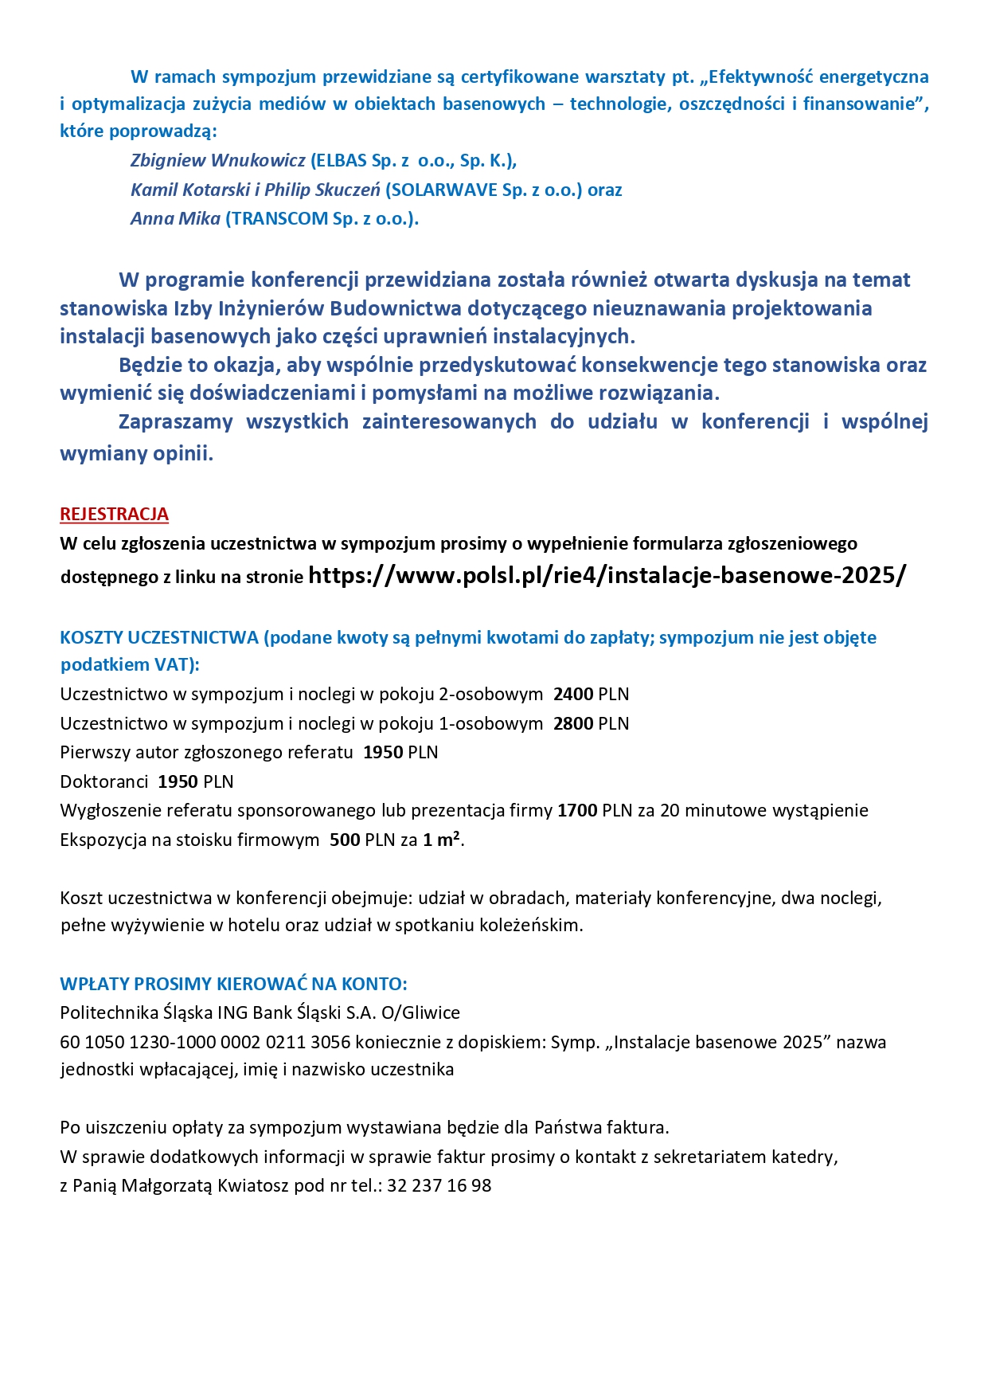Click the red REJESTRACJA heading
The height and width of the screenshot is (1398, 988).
(114, 515)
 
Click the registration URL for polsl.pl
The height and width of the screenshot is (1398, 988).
(606, 575)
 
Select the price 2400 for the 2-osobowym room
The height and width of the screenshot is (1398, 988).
(573, 695)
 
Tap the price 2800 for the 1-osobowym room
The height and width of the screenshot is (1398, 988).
(573, 724)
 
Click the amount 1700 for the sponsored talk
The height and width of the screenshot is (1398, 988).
(577, 811)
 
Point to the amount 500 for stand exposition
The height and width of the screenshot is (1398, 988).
(345, 840)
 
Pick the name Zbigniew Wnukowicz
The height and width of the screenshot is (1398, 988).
(217, 161)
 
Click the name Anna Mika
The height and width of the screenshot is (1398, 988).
(175, 219)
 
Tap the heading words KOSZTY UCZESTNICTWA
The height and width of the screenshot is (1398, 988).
(159, 638)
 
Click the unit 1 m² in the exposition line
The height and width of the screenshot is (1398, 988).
(441, 840)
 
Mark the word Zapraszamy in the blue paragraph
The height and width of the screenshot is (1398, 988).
(175, 422)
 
